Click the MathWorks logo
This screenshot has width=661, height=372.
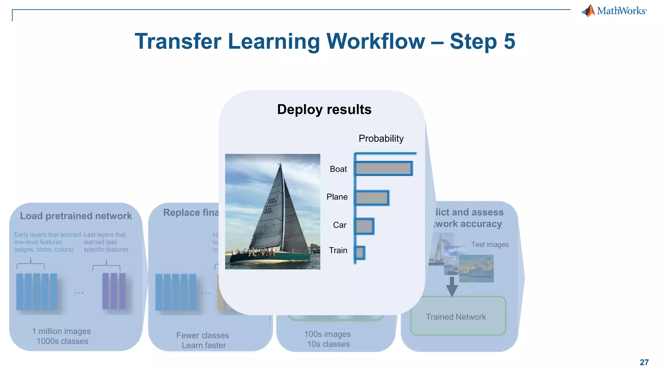614,11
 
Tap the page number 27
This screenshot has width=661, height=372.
644,362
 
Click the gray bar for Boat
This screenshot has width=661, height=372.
383,168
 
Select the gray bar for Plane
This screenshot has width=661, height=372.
372,198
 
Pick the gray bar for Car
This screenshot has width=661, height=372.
364,226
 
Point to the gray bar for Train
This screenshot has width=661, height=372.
360,253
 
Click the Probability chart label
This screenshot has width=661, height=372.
381,139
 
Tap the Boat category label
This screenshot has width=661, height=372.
338,169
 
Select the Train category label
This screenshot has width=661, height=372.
338,250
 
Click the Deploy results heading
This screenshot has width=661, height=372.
324,109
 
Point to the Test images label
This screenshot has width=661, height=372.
490,244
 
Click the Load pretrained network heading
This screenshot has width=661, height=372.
76,216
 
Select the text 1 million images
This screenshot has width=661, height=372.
61,331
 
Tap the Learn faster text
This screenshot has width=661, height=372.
204,345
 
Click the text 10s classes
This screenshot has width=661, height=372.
328,344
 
